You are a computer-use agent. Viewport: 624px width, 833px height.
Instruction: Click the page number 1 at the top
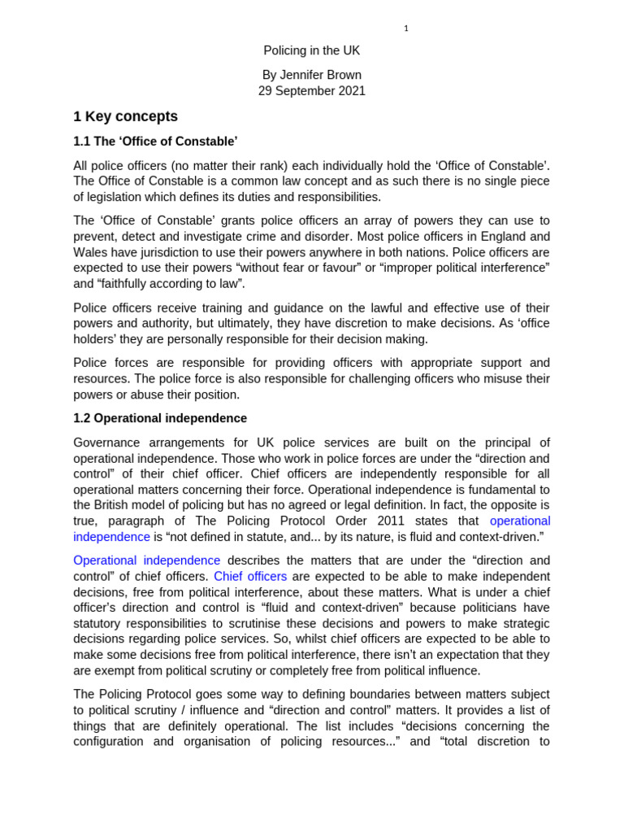coord(405,28)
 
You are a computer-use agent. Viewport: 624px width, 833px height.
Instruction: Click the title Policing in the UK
coord(312,50)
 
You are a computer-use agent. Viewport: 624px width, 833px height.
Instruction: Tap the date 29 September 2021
coord(312,91)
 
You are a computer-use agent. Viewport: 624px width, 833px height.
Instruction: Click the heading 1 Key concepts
coord(125,116)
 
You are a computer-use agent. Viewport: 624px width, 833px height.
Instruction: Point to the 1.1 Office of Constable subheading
coord(155,142)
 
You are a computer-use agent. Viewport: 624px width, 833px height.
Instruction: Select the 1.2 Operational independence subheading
coord(160,418)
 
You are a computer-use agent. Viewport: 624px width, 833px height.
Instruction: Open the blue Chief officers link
coord(250,576)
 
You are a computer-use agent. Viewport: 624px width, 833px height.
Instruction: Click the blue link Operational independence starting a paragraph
coord(146,560)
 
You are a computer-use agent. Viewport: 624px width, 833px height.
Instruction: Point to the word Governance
coord(106,443)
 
